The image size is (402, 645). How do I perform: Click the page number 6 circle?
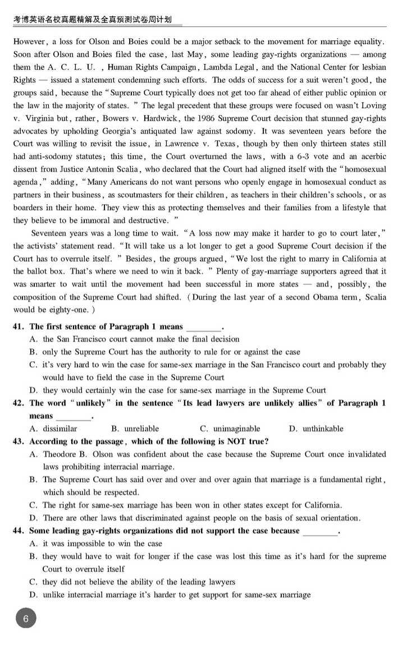click(26, 619)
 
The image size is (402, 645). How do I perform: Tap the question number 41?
click(18, 326)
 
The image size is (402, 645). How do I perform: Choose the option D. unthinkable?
click(316, 429)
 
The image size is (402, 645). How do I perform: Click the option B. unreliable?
click(135, 429)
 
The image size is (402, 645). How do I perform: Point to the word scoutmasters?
click(161, 195)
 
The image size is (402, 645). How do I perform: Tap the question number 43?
click(18, 441)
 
